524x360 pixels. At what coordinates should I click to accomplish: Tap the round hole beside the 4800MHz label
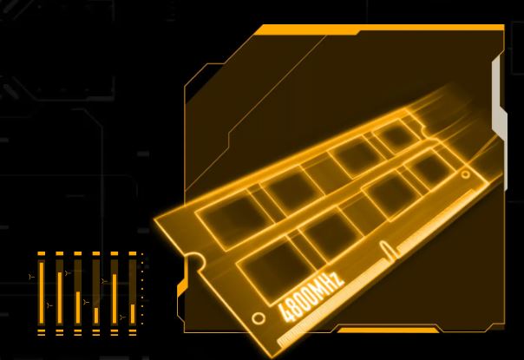point(258,318)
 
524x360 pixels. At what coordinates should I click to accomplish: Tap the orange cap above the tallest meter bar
point(41,254)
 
